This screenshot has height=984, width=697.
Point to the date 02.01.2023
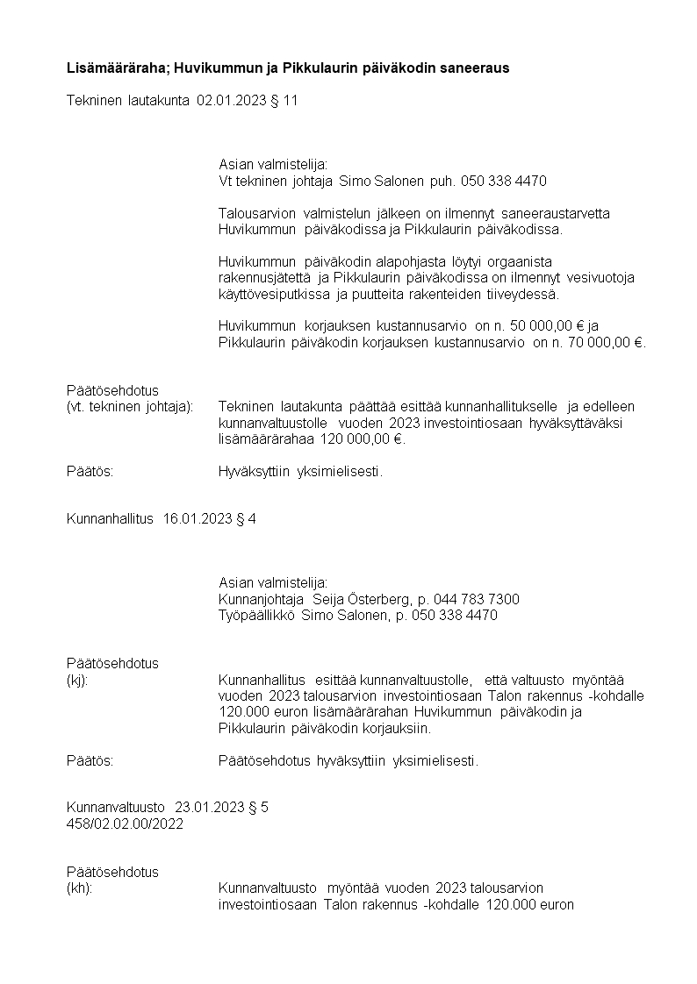coord(227,100)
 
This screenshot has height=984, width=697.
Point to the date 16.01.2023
coord(198,519)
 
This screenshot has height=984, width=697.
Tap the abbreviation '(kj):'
coord(77,679)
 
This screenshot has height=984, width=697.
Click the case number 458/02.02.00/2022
coord(125,824)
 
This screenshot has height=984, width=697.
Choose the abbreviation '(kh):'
coord(79,888)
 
